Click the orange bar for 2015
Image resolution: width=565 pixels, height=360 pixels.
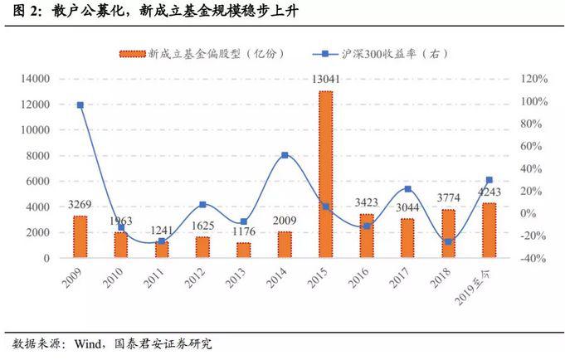[325, 174]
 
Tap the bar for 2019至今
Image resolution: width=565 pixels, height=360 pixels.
[489, 230]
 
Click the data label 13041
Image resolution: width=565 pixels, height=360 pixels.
[324, 80]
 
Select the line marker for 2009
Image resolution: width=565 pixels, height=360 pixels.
[80, 105]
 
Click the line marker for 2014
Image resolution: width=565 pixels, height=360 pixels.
[285, 155]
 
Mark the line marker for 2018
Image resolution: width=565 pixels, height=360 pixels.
[448, 242]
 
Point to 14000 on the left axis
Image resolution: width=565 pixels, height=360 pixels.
[35, 79]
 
